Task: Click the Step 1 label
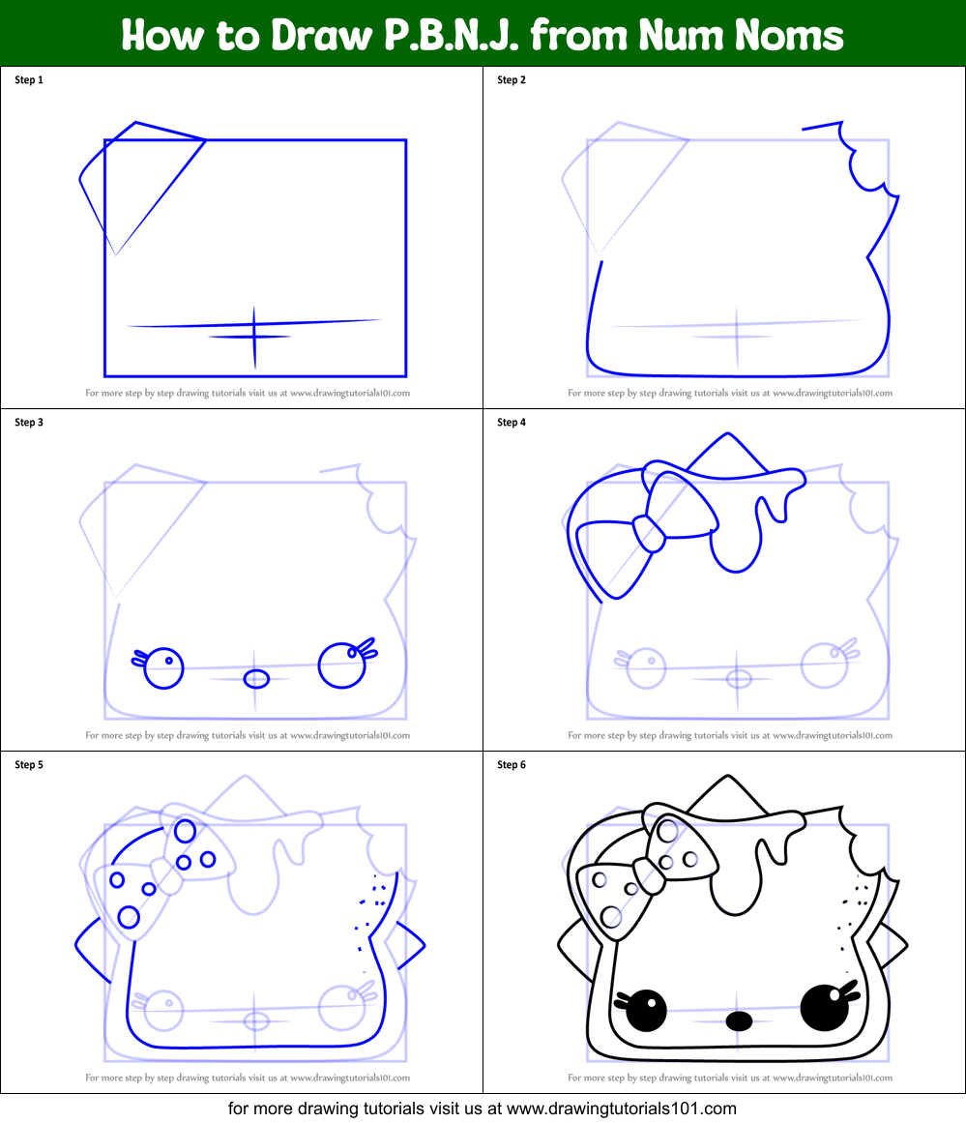pyautogui.click(x=29, y=80)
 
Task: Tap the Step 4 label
pyautogui.click(x=512, y=423)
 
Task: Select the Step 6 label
pyautogui.click(x=512, y=765)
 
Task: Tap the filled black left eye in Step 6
pyautogui.click(x=646, y=1009)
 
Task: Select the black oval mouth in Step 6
pyautogui.click(x=739, y=1020)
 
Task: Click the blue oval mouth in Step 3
pyautogui.click(x=256, y=678)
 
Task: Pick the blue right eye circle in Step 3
pyautogui.click(x=340, y=665)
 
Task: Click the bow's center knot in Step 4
pyautogui.click(x=649, y=533)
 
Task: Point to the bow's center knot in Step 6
pyautogui.click(x=649, y=875)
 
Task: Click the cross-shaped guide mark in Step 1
pyautogui.click(x=254, y=336)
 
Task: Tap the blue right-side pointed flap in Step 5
pyautogui.click(x=407, y=943)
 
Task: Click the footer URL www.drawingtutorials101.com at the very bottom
pyautogui.click(x=622, y=1108)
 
